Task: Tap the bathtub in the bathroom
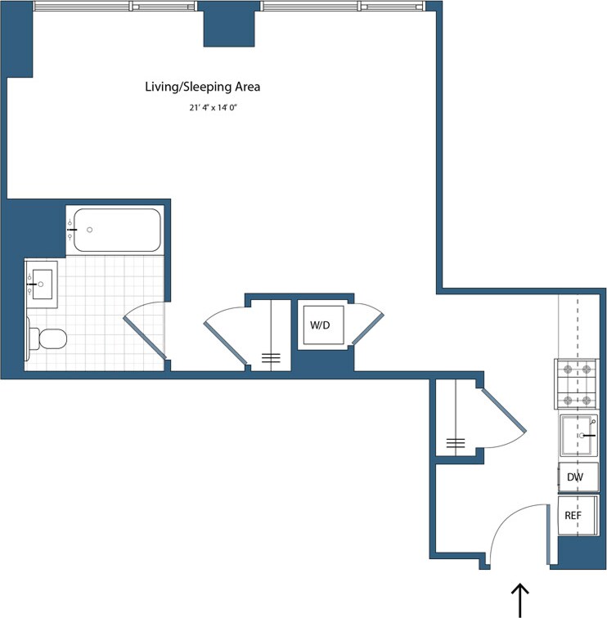tap(114, 231)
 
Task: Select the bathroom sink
tap(41, 284)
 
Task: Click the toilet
tap(47, 338)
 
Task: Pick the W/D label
tap(319, 325)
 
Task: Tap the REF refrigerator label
tap(572, 516)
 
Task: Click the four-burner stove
tap(576, 384)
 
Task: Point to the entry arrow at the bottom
tap(519, 599)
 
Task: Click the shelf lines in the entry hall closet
tap(456, 444)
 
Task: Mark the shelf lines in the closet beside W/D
tap(270, 357)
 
